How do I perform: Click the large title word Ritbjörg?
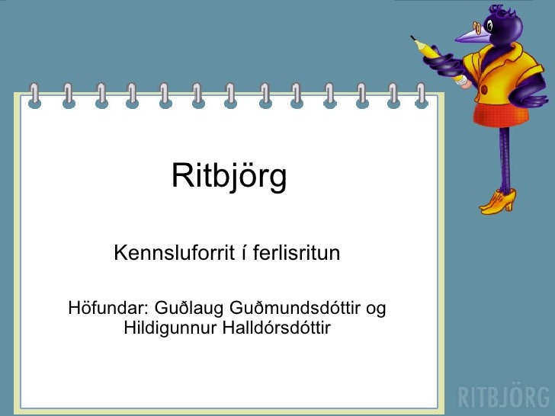[x=229, y=177]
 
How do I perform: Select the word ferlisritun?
[x=297, y=253]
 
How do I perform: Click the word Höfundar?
[x=108, y=307]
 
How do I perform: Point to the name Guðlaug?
[x=189, y=309]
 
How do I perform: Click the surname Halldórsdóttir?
[x=277, y=327]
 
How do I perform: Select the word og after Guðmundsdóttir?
[x=376, y=309]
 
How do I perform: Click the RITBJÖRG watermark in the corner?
[x=504, y=396]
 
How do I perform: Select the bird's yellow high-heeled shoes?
[x=498, y=202]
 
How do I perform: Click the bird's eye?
[x=489, y=25]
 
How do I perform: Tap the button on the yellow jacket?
[x=484, y=90]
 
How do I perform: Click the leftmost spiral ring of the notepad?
[x=34, y=96]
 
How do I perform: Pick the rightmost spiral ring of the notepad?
[x=421, y=96]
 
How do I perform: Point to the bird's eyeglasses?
[x=478, y=27]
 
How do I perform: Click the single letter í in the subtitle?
[x=244, y=252]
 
